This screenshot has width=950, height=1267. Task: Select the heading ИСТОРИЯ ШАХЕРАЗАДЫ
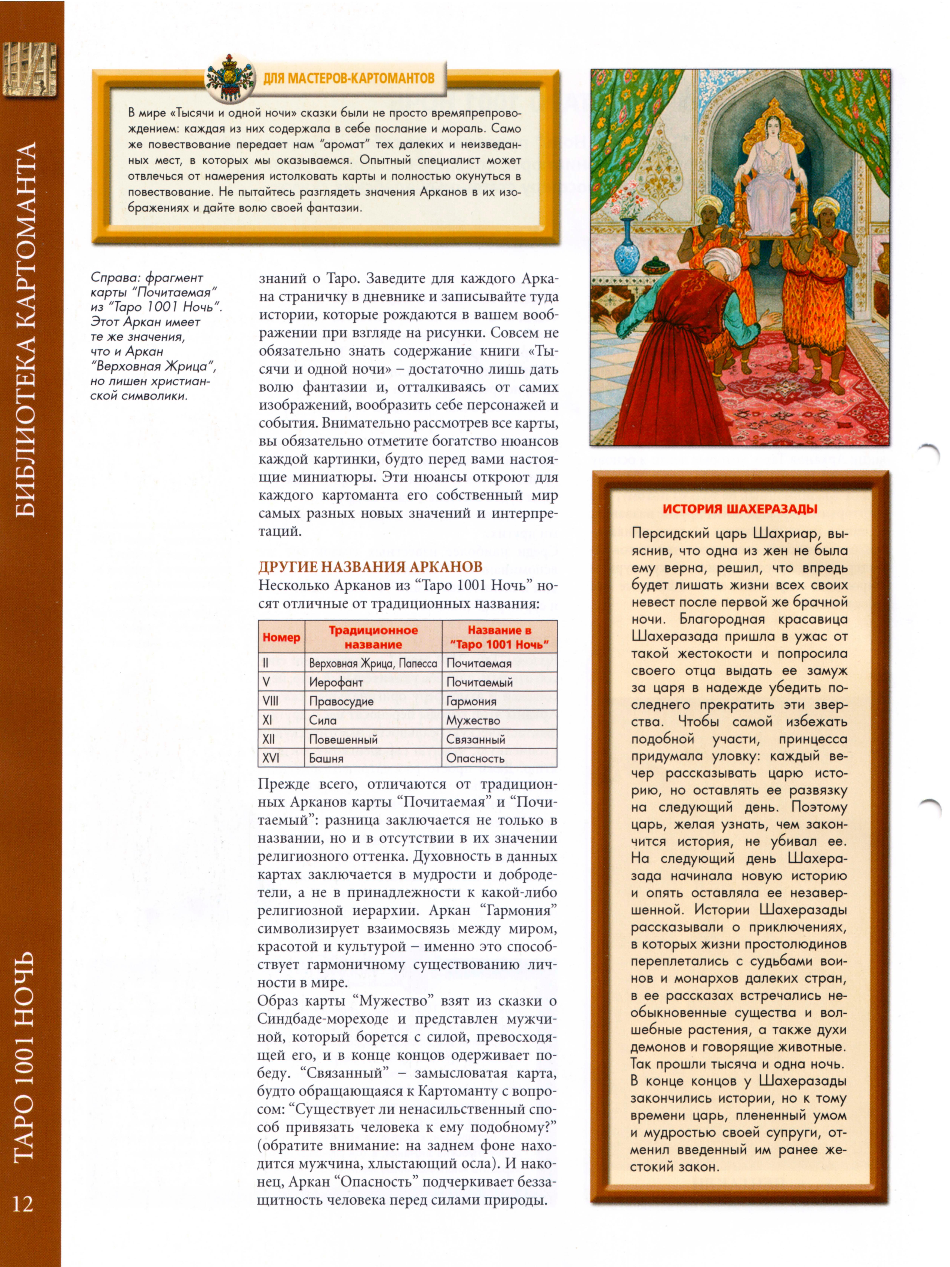click(x=740, y=509)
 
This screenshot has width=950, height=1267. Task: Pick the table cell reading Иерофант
click(x=336, y=682)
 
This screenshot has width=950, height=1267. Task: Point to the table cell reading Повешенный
click(x=344, y=739)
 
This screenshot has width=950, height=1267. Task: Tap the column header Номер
click(x=281, y=637)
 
